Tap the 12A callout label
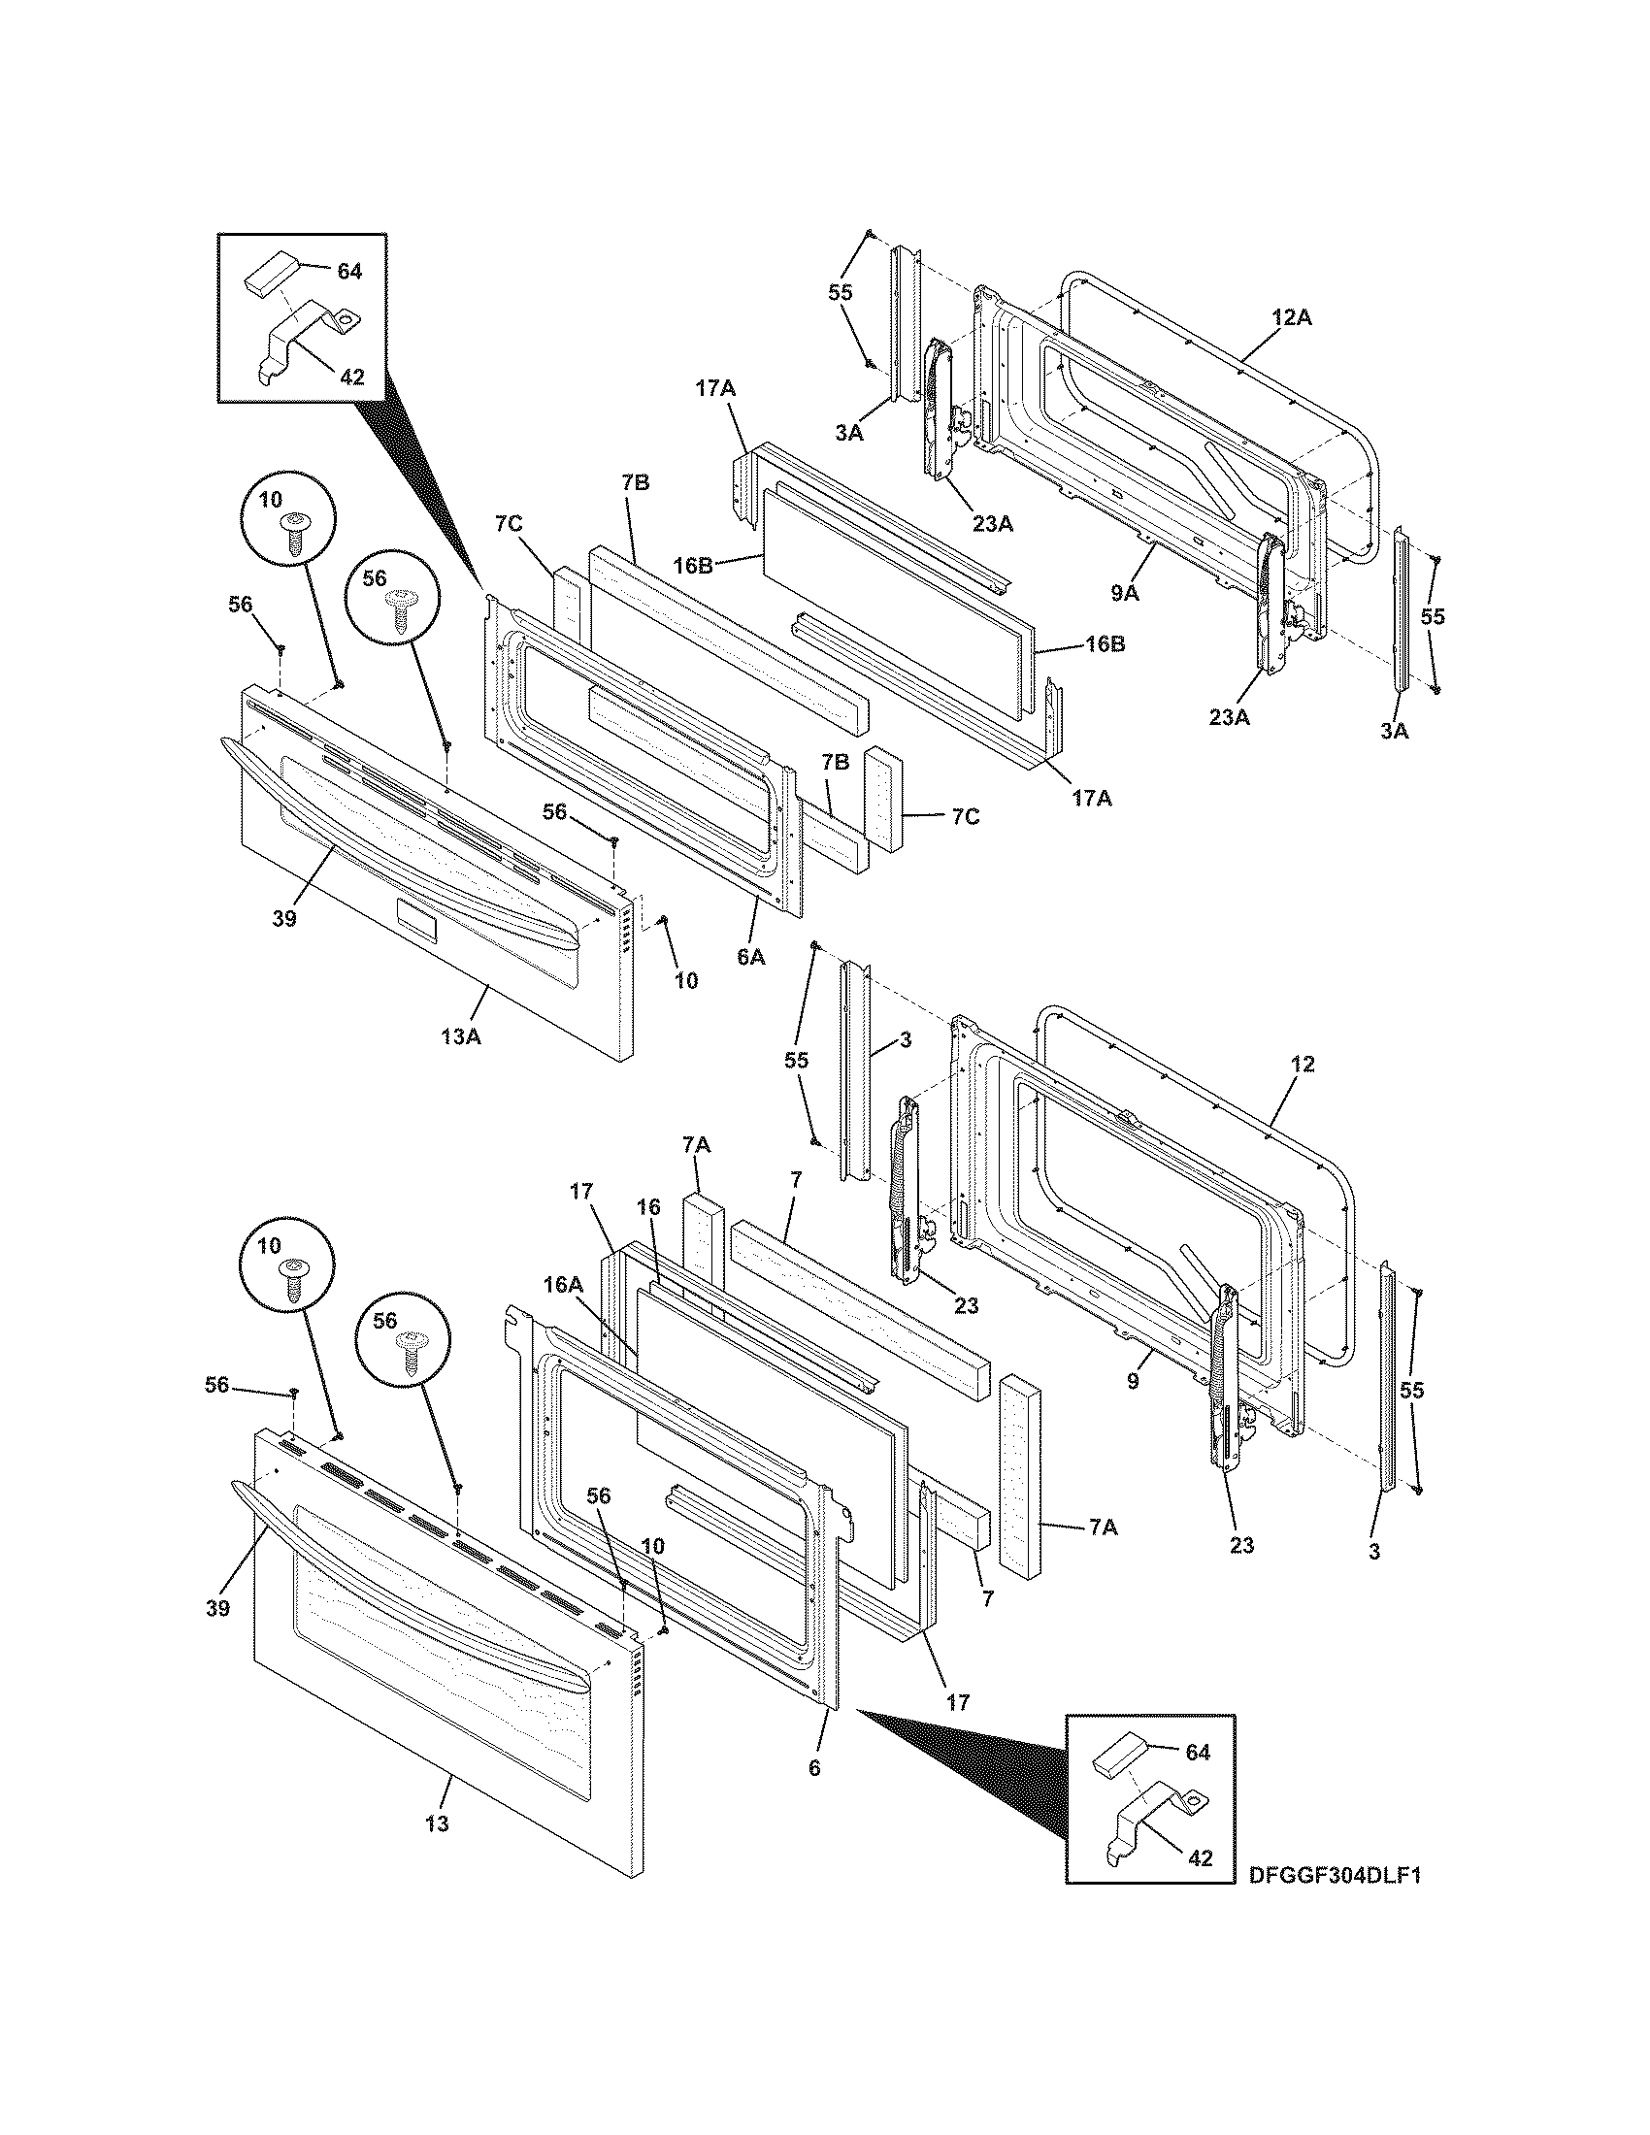[1291, 316]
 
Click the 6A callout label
[750, 958]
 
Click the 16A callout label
[564, 1286]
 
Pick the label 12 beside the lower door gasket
[1302, 1064]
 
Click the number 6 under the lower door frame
[815, 1767]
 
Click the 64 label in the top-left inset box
[349, 271]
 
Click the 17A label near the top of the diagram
[715, 388]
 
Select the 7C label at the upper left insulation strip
[509, 524]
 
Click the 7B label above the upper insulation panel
[635, 482]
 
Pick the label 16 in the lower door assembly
[649, 1207]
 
